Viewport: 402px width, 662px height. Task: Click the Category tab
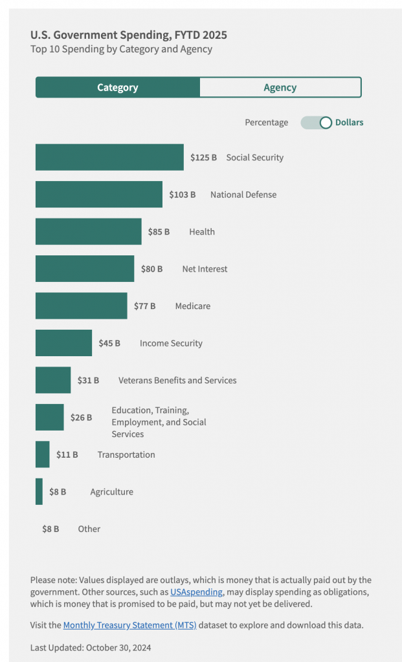pos(118,87)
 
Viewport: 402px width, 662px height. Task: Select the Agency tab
pos(280,87)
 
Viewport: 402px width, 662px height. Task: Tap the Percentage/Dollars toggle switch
pos(317,122)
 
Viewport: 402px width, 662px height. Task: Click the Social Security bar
pos(109,157)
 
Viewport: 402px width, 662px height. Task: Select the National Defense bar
pos(98,194)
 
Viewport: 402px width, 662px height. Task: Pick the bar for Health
pos(88,231)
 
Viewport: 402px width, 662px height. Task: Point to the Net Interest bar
pos(85,268)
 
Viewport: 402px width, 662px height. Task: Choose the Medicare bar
pos(81,306)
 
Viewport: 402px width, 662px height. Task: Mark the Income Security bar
pos(63,343)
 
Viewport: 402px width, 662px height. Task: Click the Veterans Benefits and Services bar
pos(53,380)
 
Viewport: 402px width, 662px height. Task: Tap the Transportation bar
pos(42,454)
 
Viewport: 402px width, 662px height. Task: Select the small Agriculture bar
pos(39,491)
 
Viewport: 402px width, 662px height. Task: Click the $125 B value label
pos(203,157)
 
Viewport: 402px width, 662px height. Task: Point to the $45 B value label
pos(109,343)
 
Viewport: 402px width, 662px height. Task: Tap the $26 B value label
pos(82,418)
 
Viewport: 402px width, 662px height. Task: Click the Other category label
pos(89,529)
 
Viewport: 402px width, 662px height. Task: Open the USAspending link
pos(196,592)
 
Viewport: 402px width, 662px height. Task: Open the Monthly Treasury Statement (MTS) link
pos(129,625)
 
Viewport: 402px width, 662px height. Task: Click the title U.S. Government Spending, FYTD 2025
pos(129,35)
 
